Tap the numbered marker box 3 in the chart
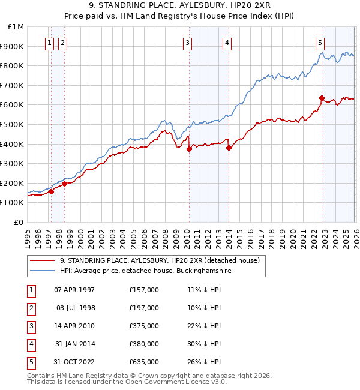(x=188, y=43)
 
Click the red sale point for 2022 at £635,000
(x=322, y=98)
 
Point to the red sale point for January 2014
(x=229, y=148)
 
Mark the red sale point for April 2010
(x=189, y=149)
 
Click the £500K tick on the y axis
(x=14, y=124)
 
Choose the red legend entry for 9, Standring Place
(x=159, y=261)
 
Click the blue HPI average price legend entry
(x=145, y=271)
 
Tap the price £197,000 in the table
(x=144, y=308)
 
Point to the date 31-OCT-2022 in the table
(x=74, y=362)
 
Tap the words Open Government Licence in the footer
(x=177, y=382)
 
